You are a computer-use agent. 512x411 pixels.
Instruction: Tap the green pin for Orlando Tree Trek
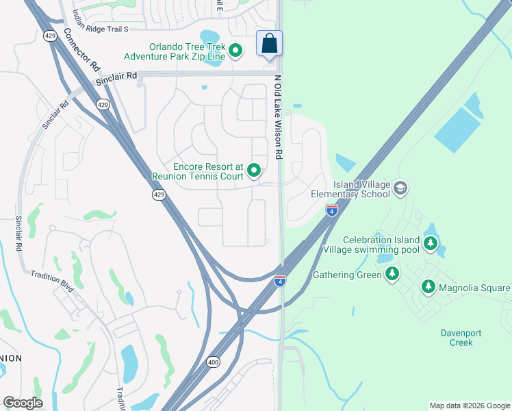(x=235, y=50)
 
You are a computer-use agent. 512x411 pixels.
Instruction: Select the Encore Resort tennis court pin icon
(x=255, y=171)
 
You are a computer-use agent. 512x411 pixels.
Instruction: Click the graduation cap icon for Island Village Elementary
(x=401, y=188)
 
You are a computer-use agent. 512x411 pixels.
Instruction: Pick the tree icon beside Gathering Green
(x=392, y=275)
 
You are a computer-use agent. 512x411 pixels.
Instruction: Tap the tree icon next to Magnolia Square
(x=428, y=287)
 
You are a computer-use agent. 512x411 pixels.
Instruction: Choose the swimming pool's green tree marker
(x=431, y=244)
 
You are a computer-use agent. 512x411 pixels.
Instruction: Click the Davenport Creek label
(x=461, y=338)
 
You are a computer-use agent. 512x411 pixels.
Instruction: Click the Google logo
(x=23, y=403)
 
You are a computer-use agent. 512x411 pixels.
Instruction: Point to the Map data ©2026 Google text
(x=470, y=406)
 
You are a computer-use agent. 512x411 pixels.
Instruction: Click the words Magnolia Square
(x=474, y=288)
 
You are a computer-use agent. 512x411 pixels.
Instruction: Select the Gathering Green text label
(x=347, y=275)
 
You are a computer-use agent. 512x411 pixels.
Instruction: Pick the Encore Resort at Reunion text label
(x=208, y=171)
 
